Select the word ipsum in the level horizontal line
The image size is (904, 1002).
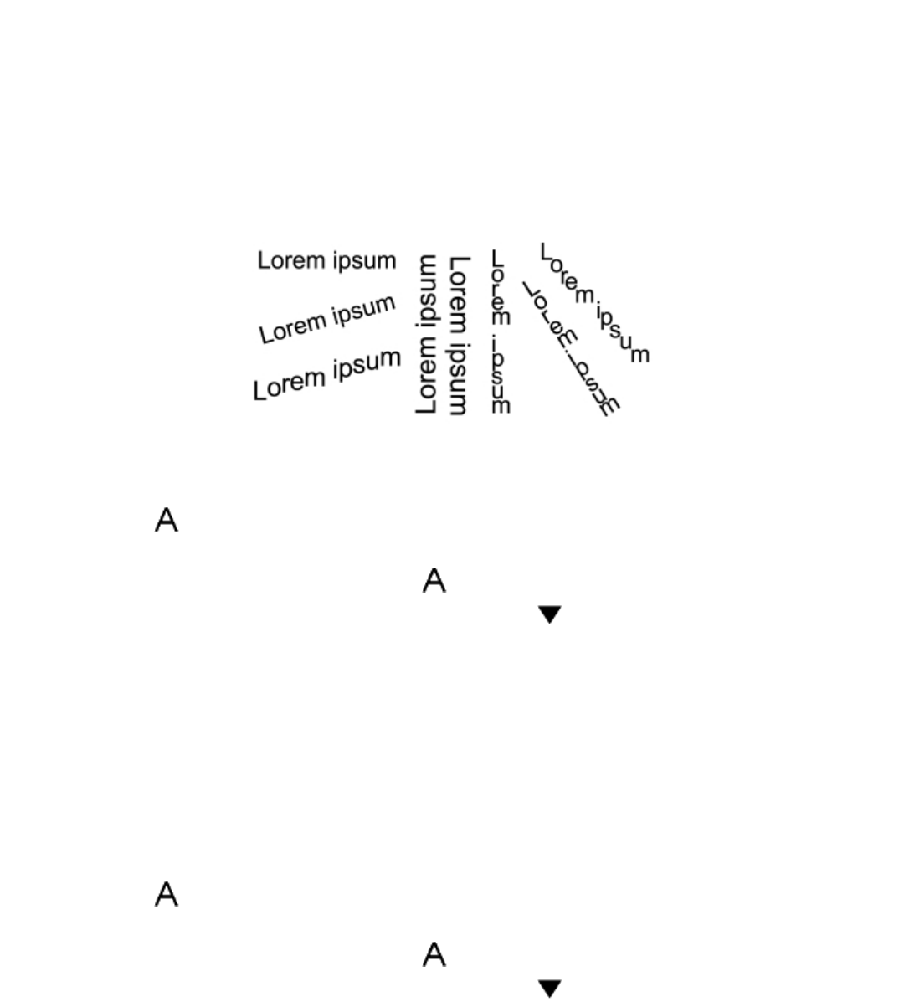[x=364, y=261]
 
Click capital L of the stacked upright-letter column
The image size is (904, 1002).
[x=496, y=257]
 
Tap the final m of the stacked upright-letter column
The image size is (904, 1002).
[x=500, y=406]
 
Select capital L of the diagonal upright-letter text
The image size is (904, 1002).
[x=546, y=250]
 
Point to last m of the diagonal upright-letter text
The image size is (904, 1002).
[x=640, y=355]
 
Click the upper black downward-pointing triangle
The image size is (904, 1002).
[x=549, y=614]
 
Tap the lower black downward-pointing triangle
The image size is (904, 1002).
[x=549, y=988]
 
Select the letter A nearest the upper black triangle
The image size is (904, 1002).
[x=434, y=580]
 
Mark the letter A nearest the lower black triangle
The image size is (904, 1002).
[x=434, y=954]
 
